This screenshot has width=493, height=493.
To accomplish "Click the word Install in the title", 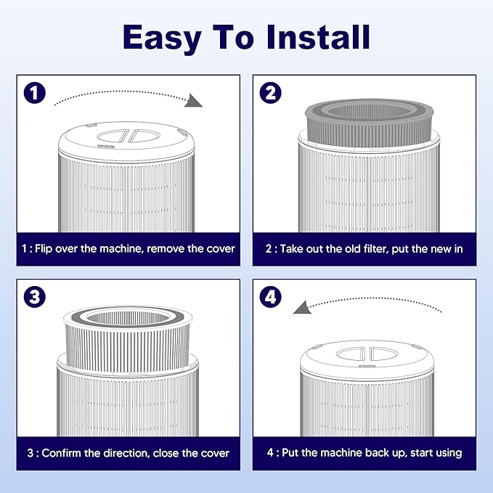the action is coord(318,37).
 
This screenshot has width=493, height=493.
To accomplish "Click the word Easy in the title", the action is coord(162,39).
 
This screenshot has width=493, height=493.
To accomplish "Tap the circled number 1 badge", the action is coord(35,93).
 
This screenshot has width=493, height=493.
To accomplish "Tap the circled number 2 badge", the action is coord(270,93).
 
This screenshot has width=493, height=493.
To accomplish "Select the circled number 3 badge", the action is coord(35,297).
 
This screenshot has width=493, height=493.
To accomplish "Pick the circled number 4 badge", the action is coord(270,297).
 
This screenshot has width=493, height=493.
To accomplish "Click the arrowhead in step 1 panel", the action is coord(193,101).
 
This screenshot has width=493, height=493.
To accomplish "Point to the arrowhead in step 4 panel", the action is coord(303,307).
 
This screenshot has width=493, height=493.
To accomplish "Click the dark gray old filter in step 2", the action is coord(369,123).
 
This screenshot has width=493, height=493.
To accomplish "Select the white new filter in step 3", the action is coord(128,339).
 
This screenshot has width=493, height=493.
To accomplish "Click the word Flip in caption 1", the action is coord(43,249).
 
